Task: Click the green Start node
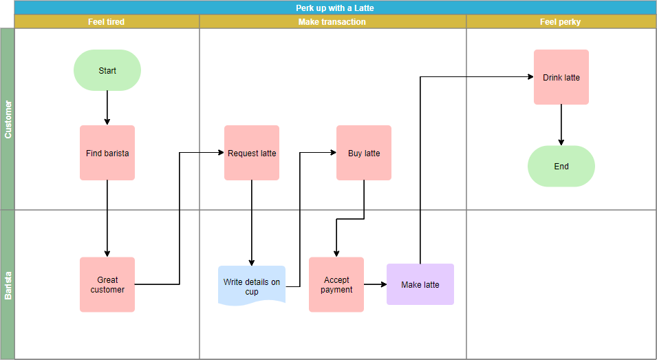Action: point(107,70)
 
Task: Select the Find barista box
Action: point(107,153)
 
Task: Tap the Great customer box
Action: point(107,284)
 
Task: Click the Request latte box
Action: point(252,153)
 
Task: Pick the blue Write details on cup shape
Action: point(252,286)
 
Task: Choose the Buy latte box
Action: point(364,153)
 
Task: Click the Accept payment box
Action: point(336,284)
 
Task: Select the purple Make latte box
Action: point(420,284)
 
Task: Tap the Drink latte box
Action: point(561,77)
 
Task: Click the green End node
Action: point(561,166)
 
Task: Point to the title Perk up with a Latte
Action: point(335,8)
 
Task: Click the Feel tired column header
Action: point(107,22)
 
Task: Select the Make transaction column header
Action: point(332,22)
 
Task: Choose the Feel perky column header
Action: point(561,22)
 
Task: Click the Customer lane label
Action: point(8,119)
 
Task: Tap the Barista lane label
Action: point(8,284)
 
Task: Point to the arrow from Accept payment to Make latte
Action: point(375,284)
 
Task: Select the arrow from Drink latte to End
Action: point(561,125)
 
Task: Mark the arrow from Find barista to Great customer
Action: point(107,218)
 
